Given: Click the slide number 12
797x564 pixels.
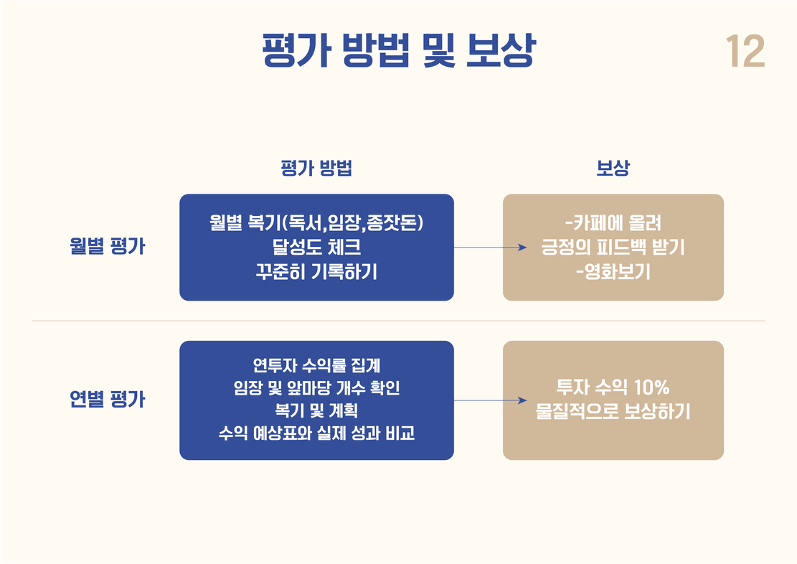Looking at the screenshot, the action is tap(745, 52).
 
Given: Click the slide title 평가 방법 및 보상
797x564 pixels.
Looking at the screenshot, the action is tap(399, 50).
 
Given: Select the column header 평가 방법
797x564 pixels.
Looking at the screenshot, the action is tap(316, 168).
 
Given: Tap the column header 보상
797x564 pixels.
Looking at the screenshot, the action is tap(613, 168).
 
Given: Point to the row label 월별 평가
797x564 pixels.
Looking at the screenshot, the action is tap(108, 246).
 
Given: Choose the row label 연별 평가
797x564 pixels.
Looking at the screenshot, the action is tap(108, 399).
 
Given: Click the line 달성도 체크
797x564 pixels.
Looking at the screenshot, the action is tap(316, 247).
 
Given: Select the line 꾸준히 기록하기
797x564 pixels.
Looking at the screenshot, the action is tap(316, 271).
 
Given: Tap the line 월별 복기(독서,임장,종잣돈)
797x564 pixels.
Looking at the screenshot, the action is tap(316, 222).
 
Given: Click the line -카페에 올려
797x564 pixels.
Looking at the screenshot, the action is tap(613, 222).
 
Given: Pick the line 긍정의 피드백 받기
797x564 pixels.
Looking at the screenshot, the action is tap(613, 247).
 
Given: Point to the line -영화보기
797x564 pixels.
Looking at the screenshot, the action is tap(613, 271).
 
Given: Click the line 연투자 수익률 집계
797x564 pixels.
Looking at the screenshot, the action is tap(316, 365).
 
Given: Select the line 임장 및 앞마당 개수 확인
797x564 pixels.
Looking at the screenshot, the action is tap(316, 388).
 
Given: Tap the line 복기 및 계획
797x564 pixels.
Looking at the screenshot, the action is tap(316, 410).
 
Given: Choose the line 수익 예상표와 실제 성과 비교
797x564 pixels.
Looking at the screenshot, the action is tap(316, 433).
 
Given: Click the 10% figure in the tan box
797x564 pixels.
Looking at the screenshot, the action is tap(651, 387).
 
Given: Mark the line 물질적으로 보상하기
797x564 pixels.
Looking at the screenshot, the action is tap(613, 411).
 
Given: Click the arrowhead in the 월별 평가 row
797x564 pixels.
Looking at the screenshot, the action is tap(522, 248).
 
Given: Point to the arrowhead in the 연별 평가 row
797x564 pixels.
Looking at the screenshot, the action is tap(522, 400).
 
